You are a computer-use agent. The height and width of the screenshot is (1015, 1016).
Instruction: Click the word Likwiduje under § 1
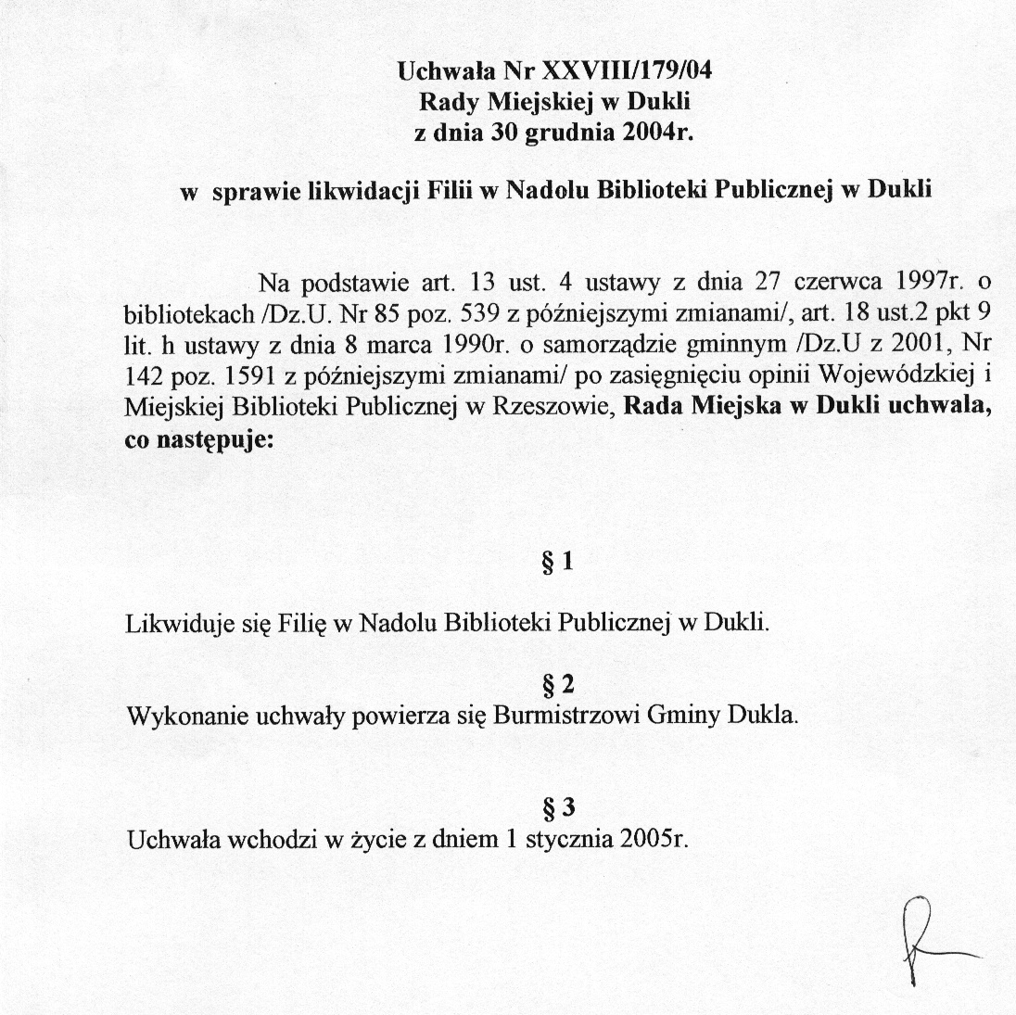click(x=171, y=622)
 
